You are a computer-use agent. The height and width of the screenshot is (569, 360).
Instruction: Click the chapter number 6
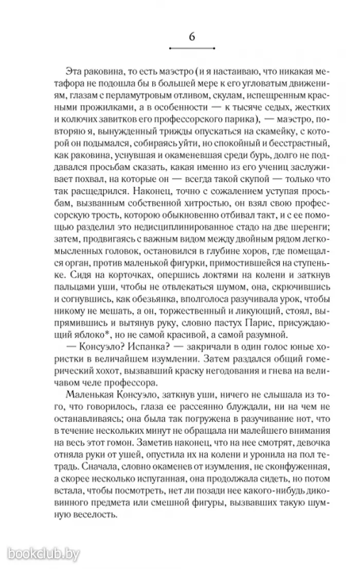tap(191, 38)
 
